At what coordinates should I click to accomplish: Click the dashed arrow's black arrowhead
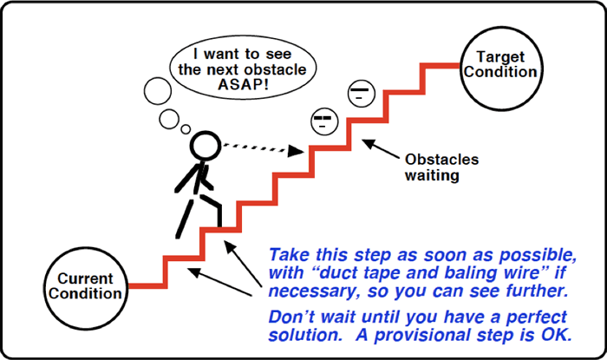pos(296,151)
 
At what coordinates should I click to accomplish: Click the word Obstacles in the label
pos(441,160)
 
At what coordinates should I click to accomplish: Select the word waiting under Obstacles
pos(432,175)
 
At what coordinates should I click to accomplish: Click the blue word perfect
pos(536,317)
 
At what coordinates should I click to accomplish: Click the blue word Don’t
pos(292,317)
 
